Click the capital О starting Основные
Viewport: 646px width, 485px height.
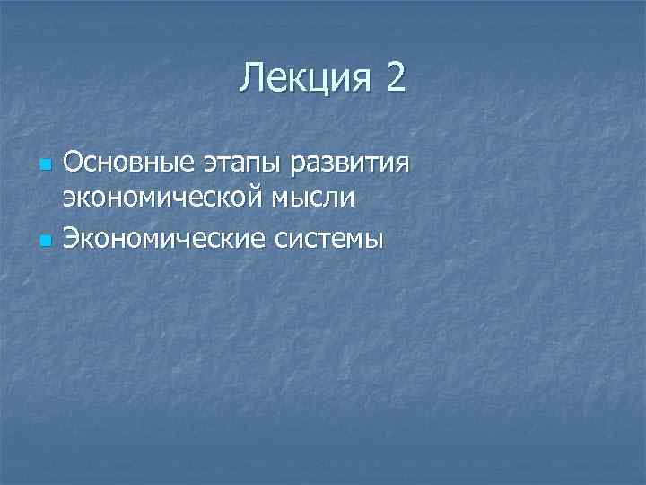coord(74,164)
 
